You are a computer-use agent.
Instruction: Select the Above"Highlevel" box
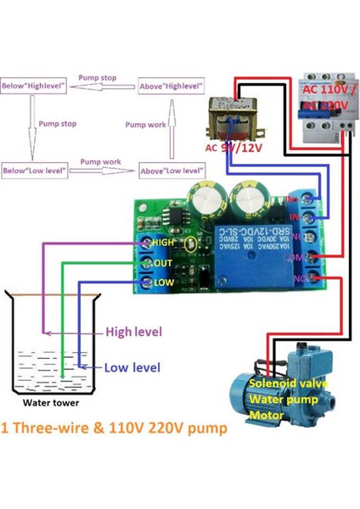[172, 86]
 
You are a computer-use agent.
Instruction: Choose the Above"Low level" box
[172, 171]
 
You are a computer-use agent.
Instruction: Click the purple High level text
[133, 332]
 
